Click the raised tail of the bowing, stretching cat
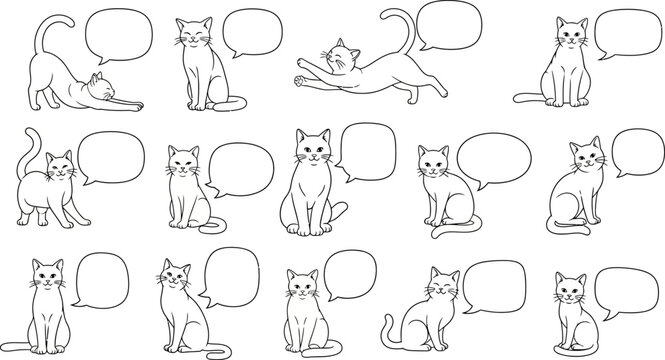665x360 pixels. tap(41, 34)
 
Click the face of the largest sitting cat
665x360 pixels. tap(313, 151)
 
